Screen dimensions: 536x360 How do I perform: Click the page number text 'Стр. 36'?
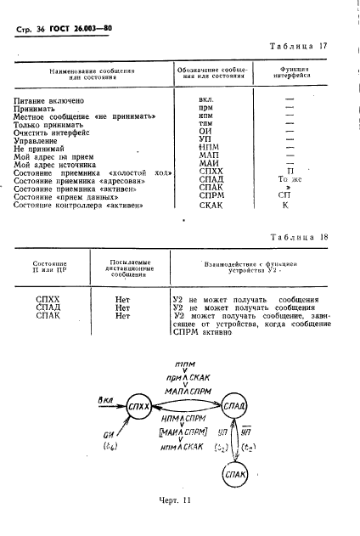[x=35, y=30]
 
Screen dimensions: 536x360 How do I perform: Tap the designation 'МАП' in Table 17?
[x=205, y=155]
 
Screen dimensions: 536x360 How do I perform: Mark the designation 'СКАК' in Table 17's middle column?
[x=205, y=205]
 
